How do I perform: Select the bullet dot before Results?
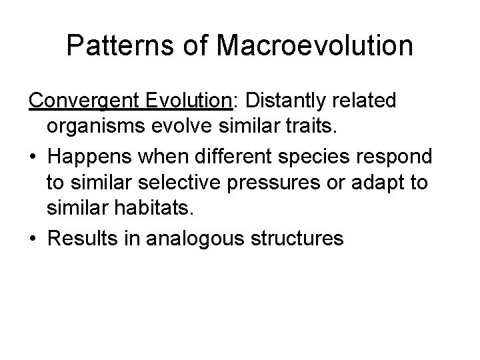click(x=33, y=238)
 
